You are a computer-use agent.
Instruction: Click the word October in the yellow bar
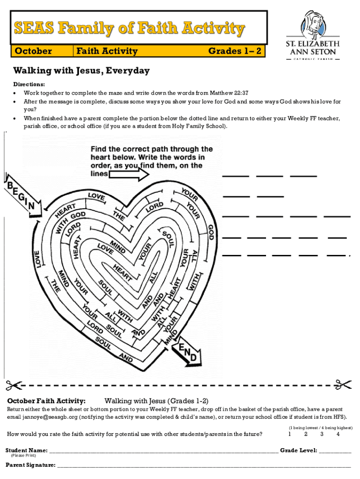pyautogui.click(x=33, y=51)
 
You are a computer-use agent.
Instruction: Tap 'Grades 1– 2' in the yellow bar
pyautogui.click(x=234, y=51)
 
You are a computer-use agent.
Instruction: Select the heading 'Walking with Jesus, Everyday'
pyautogui.click(x=81, y=71)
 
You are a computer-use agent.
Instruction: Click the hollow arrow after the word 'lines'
pyautogui.click(x=129, y=174)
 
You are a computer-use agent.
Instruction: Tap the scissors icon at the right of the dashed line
pyautogui.click(x=343, y=385)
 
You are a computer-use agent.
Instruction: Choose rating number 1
pyautogui.click(x=290, y=434)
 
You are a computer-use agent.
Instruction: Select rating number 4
pyautogui.click(x=338, y=434)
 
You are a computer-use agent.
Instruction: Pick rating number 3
pyautogui.click(x=322, y=434)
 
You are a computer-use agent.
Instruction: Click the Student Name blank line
pyautogui.click(x=164, y=451)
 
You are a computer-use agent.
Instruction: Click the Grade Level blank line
pyautogui.click(x=335, y=451)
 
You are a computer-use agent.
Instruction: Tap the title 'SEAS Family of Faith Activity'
pyautogui.click(x=129, y=29)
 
